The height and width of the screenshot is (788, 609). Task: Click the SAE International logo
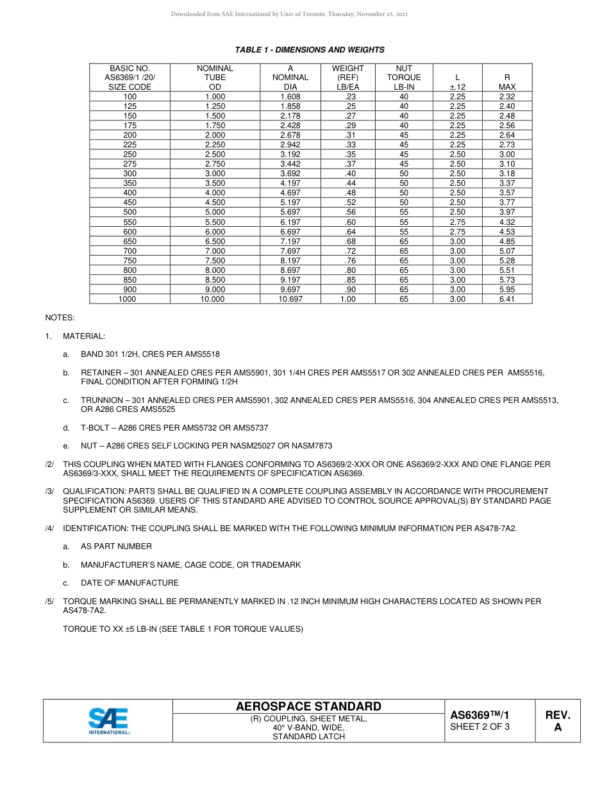[108, 721]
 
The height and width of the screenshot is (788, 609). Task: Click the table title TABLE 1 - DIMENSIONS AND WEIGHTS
[310, 50]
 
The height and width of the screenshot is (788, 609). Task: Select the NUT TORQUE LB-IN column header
[404, 78]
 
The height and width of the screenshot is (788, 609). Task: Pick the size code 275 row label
[130, 164]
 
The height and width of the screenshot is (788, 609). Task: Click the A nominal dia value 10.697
[290, 299]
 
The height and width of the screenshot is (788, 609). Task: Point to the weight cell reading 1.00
[348, 299]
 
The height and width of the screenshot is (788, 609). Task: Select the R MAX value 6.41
[507, 299]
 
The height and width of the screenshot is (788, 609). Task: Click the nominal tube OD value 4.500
[215, 202]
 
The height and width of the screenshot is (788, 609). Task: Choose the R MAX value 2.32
[507, 97]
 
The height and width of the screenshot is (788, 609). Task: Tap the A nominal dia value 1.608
[290, 97]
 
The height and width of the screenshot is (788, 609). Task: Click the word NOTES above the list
[60, 318]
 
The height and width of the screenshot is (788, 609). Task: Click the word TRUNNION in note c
[103, 400]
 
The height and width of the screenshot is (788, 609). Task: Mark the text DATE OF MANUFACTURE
[129, 583]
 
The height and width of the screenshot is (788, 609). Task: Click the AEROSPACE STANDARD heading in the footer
[308, 707]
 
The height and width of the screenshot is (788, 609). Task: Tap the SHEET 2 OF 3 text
[480, 726]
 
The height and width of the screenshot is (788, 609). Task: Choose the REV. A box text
[558, 721]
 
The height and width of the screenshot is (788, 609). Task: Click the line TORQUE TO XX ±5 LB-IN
[183, 629]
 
